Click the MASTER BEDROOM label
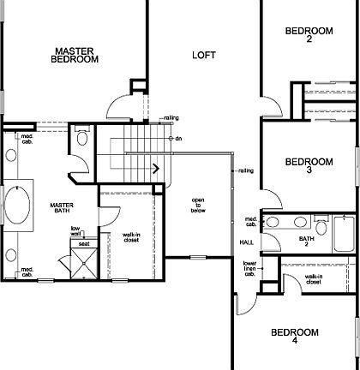point(75,56)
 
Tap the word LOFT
point(204,56)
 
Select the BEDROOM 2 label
point(308,35)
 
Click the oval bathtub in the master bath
point(18,208)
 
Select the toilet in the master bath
point(82,136)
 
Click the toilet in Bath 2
point(320,227)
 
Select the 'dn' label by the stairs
point(178,138)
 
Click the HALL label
point(247,242)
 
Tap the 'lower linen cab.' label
point(249,270)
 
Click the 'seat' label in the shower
point(84,244)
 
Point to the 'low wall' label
point(75,230)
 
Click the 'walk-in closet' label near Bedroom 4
point(314,279)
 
